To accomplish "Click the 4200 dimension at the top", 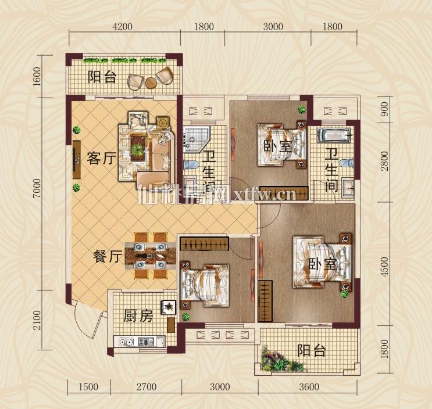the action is coord(123,27).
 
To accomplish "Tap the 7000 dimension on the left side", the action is coord(37,188).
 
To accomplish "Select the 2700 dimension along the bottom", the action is coord(147,387).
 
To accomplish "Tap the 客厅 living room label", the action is coord(101,158).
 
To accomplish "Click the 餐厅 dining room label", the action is coord(108,257).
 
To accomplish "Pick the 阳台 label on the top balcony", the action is coord(102,77).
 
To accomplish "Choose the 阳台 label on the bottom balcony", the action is coord(311,351).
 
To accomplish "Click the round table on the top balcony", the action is coord(151,82).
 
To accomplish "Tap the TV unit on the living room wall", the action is coord(77,160).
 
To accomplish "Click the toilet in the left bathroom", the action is coord(191,164).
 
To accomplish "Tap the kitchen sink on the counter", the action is coord(146,342).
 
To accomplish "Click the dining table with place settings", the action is coord(151,256).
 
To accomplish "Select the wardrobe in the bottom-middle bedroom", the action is coord(204,243).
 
